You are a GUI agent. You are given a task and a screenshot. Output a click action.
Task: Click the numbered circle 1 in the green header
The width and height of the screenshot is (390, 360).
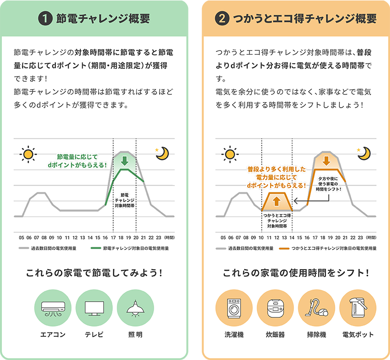[x=45, y=19]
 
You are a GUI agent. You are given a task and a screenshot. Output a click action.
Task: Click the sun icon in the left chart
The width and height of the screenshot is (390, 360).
[x=28, y=153]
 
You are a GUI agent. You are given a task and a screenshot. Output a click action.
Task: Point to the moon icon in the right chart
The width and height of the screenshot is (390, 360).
[x=365, y=153]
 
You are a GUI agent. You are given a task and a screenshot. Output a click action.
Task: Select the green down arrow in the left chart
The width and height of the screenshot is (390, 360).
[x=124, y=161]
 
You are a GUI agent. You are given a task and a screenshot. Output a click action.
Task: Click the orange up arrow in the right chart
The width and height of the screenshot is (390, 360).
[x=277, y=201]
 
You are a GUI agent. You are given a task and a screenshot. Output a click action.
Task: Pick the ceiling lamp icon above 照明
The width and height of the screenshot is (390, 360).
[x=135, y=308]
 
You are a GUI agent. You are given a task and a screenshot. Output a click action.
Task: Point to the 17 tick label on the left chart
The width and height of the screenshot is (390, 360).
[x=113, y=237]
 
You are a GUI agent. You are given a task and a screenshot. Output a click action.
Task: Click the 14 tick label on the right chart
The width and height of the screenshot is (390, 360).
[x=292, y=237]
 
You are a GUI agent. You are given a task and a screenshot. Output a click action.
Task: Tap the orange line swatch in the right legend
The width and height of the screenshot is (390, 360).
[x=284, y=249]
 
